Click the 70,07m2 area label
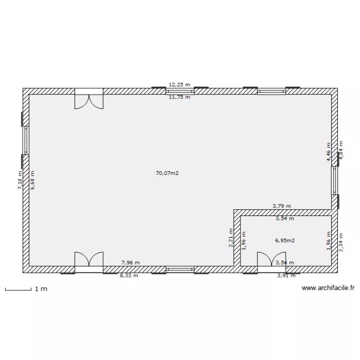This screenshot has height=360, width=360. [167, 173]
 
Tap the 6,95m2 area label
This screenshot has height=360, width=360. [285, 240]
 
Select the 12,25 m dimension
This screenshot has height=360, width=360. [180, 84]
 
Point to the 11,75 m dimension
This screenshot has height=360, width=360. [180, 97]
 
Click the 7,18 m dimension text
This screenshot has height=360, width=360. [20, 180]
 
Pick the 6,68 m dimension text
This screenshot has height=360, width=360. [32, 180]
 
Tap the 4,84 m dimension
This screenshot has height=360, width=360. [341, 150]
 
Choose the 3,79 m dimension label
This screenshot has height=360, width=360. [282, 206]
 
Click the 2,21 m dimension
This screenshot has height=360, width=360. [231, 238]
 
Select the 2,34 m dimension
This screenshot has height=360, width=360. [341, 242]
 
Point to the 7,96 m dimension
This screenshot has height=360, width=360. [131, 263]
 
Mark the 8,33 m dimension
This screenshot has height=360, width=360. [129, 276]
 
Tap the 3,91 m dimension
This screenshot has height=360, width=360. [286, 276]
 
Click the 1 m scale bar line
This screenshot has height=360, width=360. [18, 290]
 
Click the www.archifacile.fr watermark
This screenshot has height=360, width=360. [328, 288]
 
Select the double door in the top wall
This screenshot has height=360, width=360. [89, 99]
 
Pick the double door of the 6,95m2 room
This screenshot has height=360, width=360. [271, 262]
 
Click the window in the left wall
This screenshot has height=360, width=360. [25, 140]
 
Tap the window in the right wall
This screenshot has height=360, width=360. [335, 180]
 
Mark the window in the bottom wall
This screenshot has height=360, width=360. [180, 270]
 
